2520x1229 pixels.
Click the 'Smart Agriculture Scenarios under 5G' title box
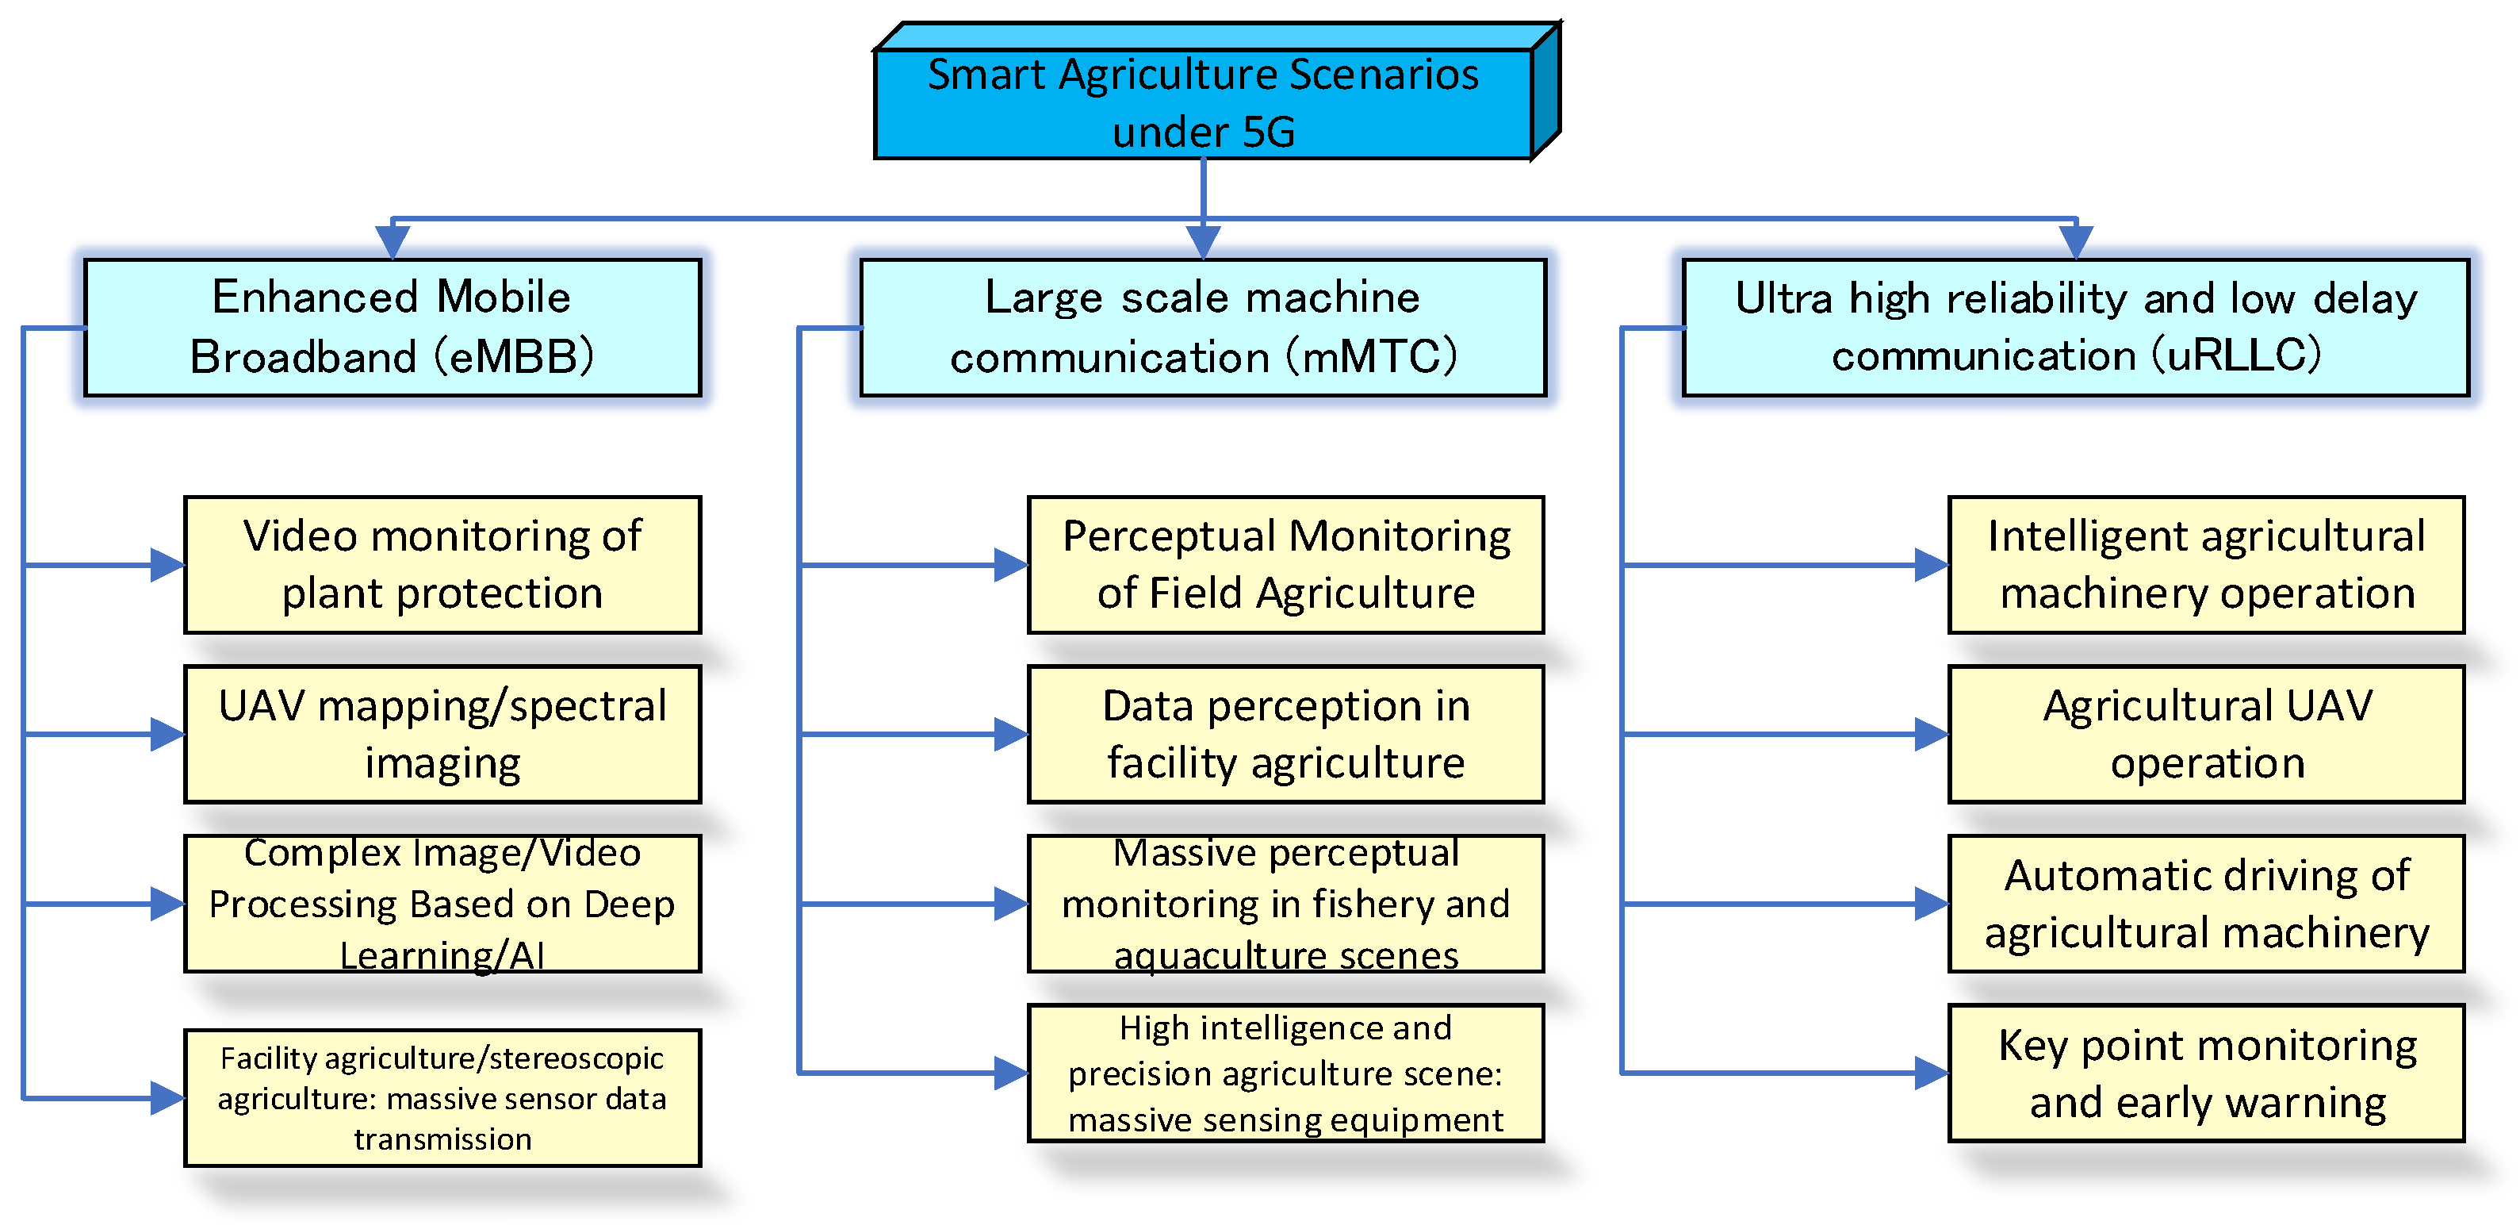1203,102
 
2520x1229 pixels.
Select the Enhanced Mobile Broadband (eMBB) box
393,327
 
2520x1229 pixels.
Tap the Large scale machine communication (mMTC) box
1202,327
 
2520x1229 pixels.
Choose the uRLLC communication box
2075,327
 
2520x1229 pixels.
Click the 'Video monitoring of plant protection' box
442,565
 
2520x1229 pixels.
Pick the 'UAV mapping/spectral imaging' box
442,734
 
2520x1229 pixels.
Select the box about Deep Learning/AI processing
442,903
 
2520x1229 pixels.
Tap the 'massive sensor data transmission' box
442,1097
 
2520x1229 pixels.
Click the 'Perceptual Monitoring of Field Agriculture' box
1285,565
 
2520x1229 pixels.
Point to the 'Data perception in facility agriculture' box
1285,734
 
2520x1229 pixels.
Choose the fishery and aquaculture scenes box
1285,903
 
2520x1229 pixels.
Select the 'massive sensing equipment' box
1285,1073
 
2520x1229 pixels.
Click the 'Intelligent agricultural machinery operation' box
2206,565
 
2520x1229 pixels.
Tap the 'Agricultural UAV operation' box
2206,734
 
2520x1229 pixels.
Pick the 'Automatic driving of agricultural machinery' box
2206,903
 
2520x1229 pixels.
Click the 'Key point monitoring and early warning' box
2206,1073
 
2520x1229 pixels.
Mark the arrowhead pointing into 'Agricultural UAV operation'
1931,734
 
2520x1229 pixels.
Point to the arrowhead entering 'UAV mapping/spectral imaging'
167,734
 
